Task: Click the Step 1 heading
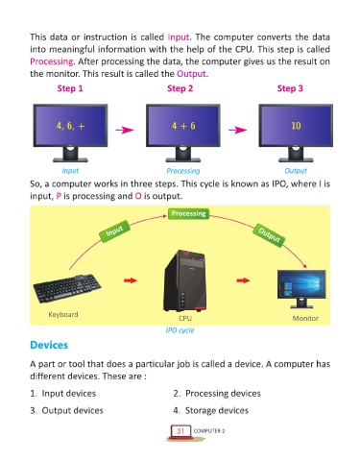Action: click(x=70, y=88)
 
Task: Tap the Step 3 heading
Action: click(x=290, y=88)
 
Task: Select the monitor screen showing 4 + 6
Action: click(x=183, y=126)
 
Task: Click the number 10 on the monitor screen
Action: click(x=296, y=126)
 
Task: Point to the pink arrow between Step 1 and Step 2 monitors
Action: click(x=125, y=130)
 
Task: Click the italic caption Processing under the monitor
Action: click(x=183, y=171)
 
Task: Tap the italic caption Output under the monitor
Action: click(x=296, y=171)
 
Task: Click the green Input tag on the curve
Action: click(x=114, y=230)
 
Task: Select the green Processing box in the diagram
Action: click(x=188, y=213)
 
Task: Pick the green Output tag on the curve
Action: click(x=269, y=235)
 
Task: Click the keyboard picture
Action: click(x=67, y=288)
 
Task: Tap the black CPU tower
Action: click(x=185, y=280)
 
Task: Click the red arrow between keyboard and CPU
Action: click(x=131, y=280)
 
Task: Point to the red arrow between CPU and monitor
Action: click(x=243, y=280)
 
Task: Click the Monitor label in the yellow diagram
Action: click(x=305, y=318)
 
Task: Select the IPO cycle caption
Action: click(x=180, y=330)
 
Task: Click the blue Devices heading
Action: click(x=49, y=345)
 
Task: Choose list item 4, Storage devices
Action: click(x=211, y=410)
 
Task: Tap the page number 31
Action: click(x=180, y=431)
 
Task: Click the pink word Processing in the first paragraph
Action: click(x=52, y=61)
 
